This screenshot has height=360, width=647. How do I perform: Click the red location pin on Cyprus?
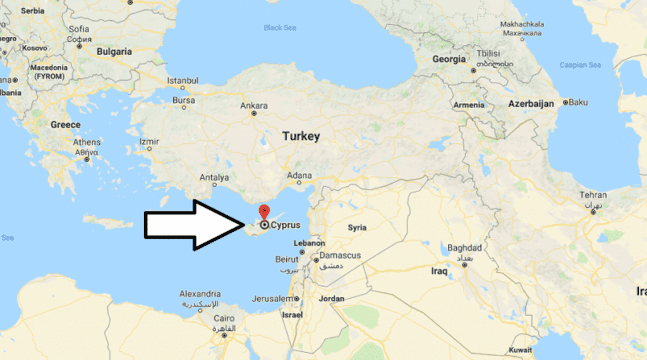point(265,212)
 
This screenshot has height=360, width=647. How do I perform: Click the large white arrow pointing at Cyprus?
point(193,224)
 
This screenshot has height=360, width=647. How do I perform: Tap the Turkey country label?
point(301,136)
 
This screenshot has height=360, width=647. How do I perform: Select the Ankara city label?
point(254,105)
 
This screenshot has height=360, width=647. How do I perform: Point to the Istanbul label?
point(183,81)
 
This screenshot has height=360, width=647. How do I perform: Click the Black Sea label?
point(281,28)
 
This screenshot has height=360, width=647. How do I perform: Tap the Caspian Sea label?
point(580,65)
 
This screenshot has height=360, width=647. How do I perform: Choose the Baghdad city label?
point(464,248)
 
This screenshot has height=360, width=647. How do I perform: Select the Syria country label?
point(357,227)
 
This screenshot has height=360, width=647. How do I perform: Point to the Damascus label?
point(340,255)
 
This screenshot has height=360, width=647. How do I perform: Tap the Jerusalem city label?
point(269,298)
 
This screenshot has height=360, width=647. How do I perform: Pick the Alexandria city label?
point(200,294)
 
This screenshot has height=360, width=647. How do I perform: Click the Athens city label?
point(87,143)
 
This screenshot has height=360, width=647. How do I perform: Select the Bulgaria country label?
point(114,52)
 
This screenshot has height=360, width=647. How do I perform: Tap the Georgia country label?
point(449,59)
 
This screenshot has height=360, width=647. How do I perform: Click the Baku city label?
point(578,102)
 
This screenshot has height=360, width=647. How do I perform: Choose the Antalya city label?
point(214,177)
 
